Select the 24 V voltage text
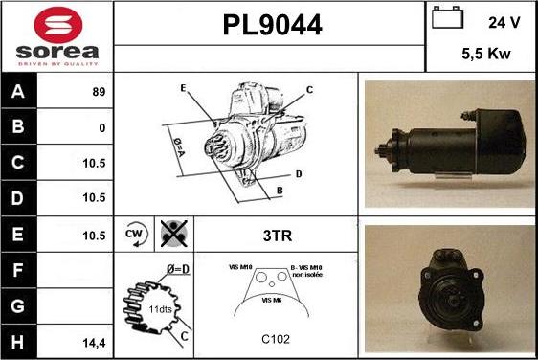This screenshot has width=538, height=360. tap(504, 22)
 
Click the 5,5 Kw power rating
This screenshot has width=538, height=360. tap(484, 55)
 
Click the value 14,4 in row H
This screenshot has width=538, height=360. tap(95, 341)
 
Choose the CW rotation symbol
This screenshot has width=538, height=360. tap(134, 234)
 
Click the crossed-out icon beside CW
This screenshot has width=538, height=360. tap(173, 234)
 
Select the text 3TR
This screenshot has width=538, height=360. tap(277, 234)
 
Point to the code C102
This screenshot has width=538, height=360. tap(276, 339)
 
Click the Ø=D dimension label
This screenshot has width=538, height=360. tap(176, 269)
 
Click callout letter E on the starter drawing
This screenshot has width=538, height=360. tap(182, 88)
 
